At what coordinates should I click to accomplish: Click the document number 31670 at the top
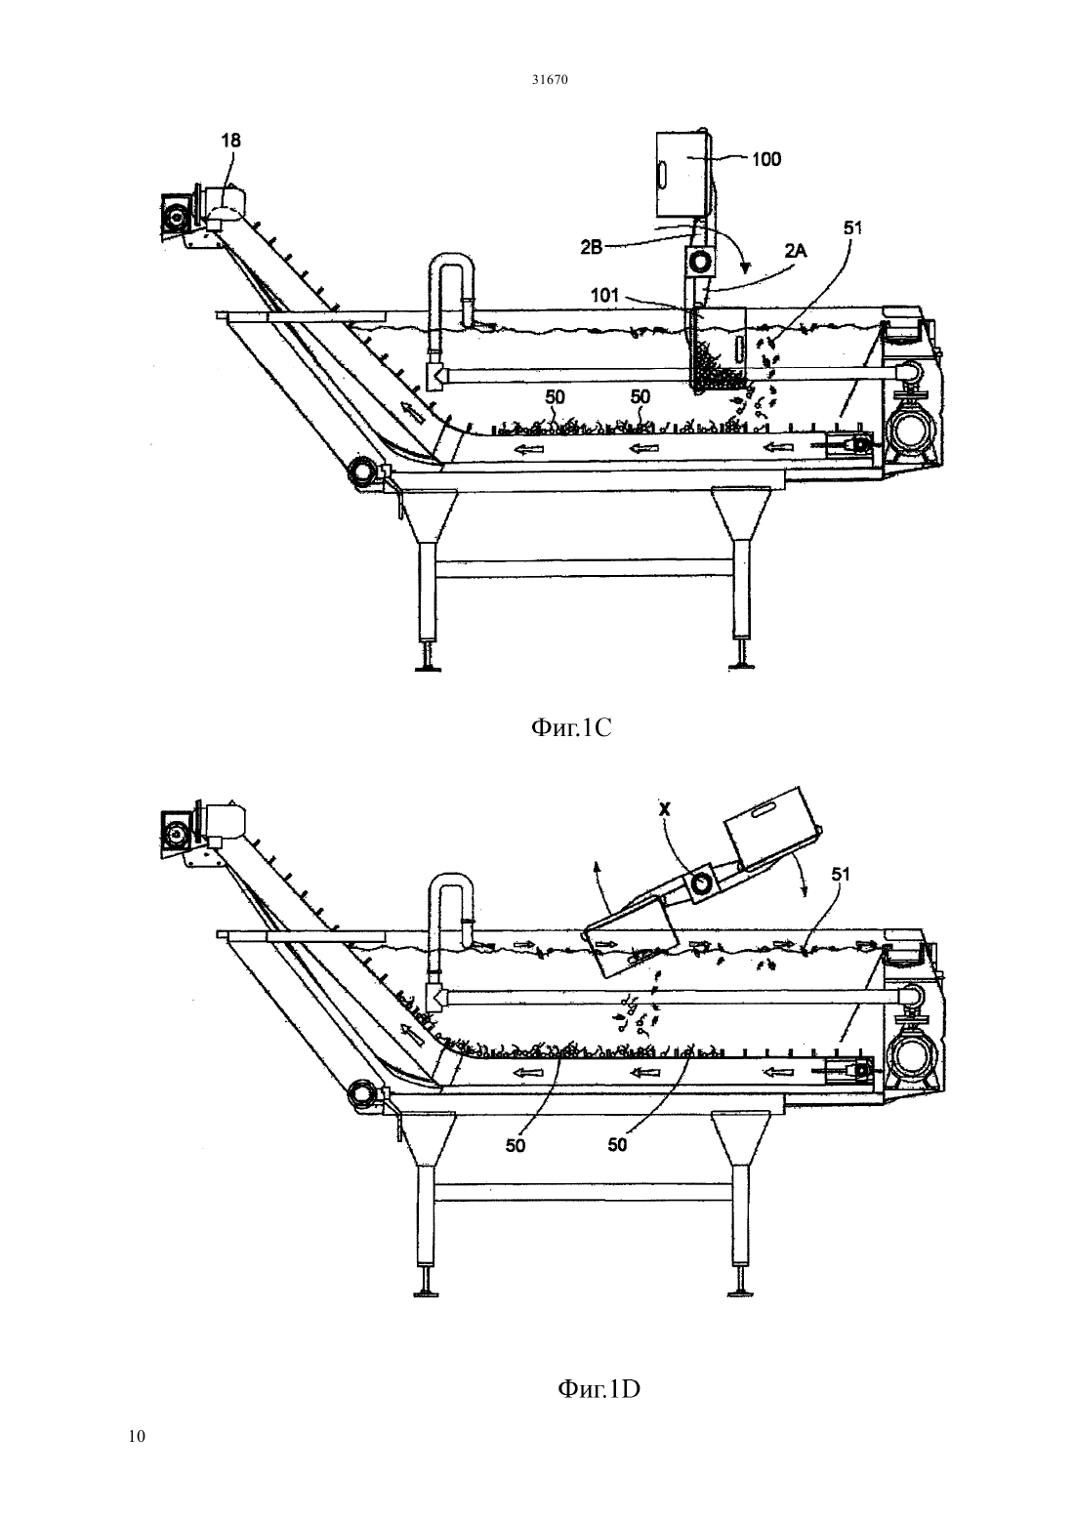click(549, 80)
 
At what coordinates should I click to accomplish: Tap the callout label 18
click(231, 141)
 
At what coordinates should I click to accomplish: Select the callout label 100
click(766, 159)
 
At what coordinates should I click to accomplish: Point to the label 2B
click(592, 248)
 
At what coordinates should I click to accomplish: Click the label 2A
click(796, 252)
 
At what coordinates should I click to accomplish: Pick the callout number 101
click(604, 295)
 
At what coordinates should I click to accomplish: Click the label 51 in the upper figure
click(852, 227)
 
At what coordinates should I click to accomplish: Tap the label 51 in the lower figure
click(841, 875)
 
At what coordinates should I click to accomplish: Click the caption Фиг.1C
click(571, 728)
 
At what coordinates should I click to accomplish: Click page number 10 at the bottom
click(137, 1436)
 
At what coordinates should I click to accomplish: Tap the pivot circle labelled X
click(700, 883)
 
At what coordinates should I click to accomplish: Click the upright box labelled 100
click(683, 174)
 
